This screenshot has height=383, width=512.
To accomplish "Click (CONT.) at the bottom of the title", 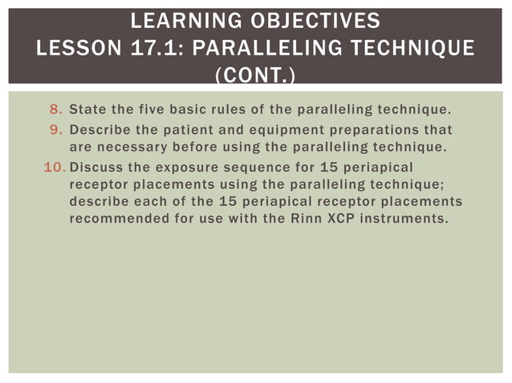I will [x=256, y=76].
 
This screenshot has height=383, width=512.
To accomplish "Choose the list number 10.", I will [x=53, y=168].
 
